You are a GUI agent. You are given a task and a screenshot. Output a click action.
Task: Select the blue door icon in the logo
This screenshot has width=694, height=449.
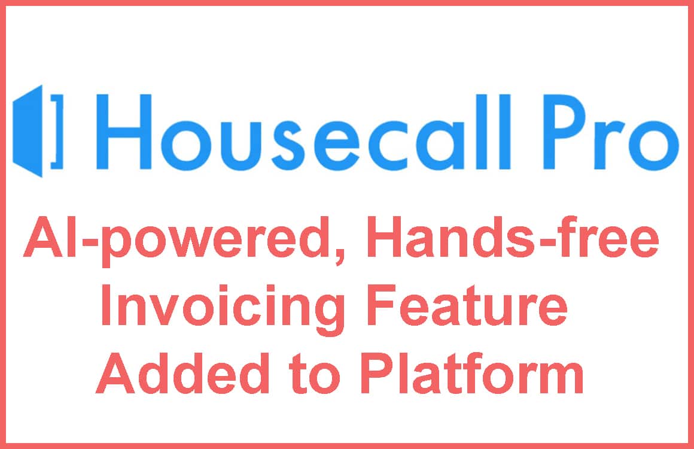tap(28, 131)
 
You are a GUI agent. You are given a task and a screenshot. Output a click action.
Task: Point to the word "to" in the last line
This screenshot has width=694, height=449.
tap(315, 375)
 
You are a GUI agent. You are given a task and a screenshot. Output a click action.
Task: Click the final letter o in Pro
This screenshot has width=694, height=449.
tap(653, 144)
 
